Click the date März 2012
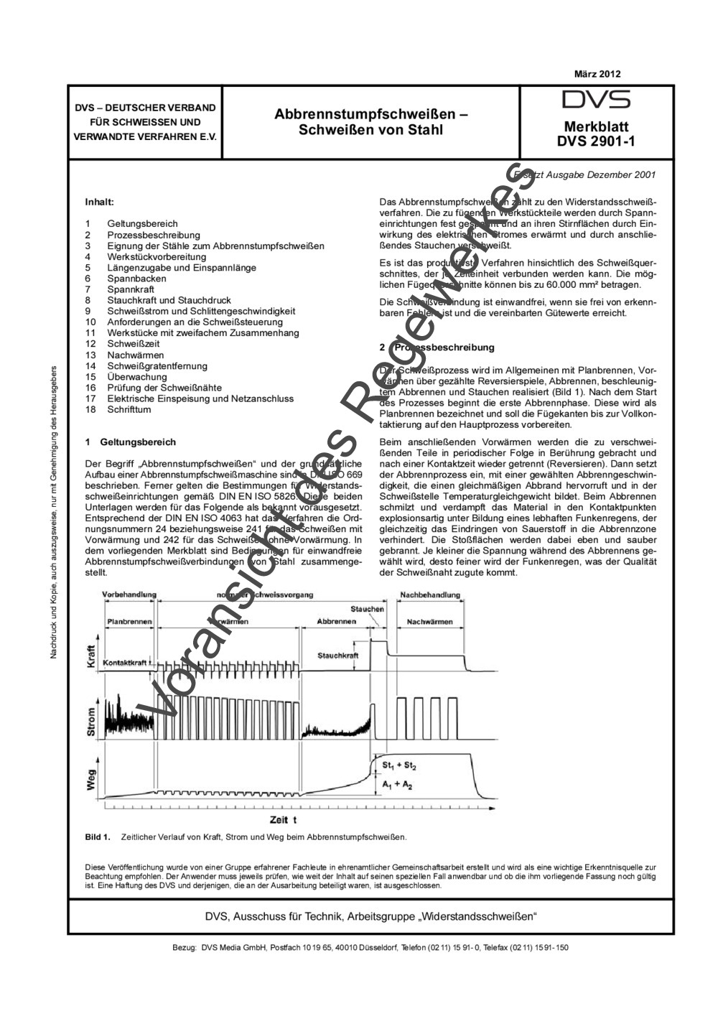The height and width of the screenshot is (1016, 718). tap(597, 74)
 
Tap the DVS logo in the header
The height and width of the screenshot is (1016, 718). tap(596, 100)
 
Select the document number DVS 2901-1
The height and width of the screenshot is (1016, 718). tap(596, 141)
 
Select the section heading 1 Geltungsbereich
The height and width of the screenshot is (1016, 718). tap(130, 442)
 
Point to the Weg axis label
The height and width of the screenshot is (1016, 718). tap(91, 780)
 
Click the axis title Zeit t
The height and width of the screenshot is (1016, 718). tap(284, 820)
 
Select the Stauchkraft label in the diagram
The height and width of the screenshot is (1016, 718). tap(337, 656)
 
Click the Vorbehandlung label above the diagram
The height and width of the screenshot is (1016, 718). tap(129, 595)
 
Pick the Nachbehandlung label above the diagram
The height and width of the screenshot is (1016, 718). tap(430, 595)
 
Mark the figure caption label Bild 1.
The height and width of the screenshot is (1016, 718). tap(97, 836)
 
